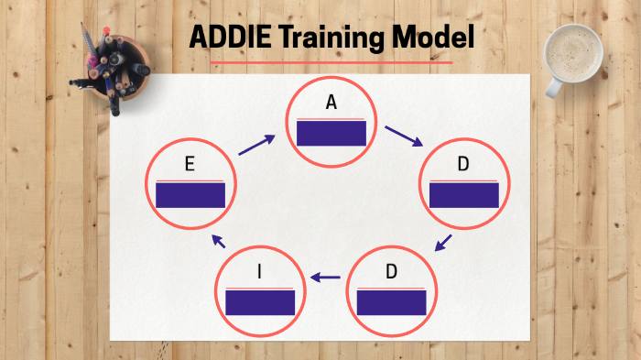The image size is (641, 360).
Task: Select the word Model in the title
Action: point(431,38)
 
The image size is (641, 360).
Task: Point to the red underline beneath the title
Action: point(331,63)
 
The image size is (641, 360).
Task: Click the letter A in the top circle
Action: point(331,103)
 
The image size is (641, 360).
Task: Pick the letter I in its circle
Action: point(260,271)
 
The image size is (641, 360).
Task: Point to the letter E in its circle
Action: point(189,165)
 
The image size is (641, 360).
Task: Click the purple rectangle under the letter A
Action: point(331,134)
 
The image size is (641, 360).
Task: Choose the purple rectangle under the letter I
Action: point(260,302)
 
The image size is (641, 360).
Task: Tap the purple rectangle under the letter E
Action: point(190,195)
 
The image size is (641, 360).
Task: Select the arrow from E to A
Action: point(257,145)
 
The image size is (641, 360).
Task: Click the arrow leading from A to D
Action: point(404,136)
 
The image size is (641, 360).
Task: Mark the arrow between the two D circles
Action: point(443,243)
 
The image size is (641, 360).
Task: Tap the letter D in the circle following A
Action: point(463,164)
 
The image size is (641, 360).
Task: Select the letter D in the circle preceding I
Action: point(391,271)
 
